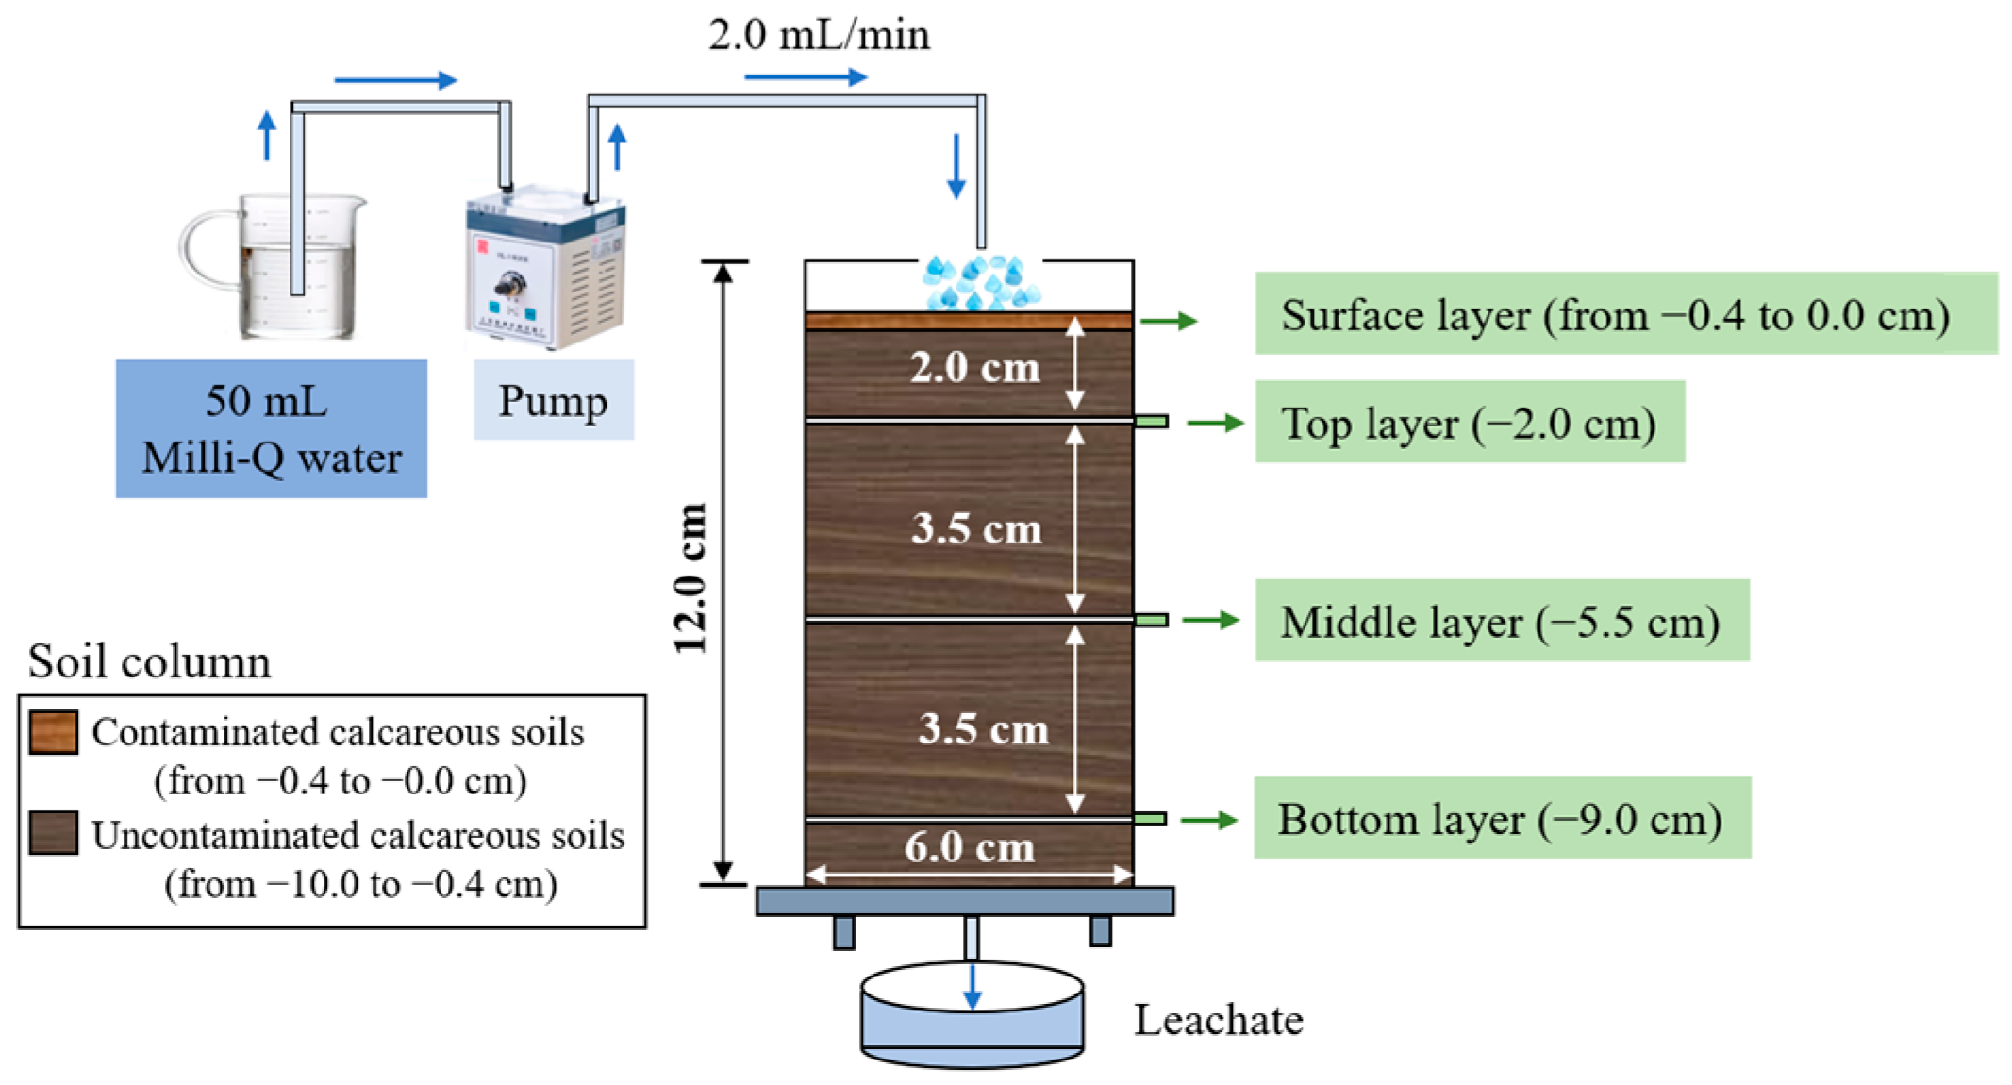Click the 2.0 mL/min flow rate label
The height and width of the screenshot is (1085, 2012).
[x=819, y=36]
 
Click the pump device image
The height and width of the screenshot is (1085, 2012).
[x=544, y=269]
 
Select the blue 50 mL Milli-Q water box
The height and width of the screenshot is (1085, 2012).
[x=272, y=428]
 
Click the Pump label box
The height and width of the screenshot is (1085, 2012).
[x=554, y=400]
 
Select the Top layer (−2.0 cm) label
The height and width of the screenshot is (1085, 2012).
[x=1469, y=423]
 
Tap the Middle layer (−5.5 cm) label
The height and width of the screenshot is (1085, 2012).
[x=1501, y=621]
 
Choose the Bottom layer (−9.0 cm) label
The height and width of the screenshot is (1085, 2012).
[x=1501, y=818]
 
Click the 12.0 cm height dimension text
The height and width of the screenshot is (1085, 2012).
[x=690, y=577]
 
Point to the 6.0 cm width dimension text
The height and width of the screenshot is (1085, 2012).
[x=970, y=846]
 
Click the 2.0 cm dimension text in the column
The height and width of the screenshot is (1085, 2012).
[x=974, y=367]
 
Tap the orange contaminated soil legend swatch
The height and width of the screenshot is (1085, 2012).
[x=53, y=732]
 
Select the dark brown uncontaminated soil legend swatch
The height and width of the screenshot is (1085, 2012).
[x=53, y=832]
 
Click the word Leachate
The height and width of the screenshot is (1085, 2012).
[x=1218, y=1020]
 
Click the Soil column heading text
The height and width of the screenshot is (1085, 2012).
[x=149, y=660]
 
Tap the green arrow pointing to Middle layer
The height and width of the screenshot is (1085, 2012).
[x=1209, y=620]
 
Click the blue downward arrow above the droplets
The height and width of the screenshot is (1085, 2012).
[x=956, y=166]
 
